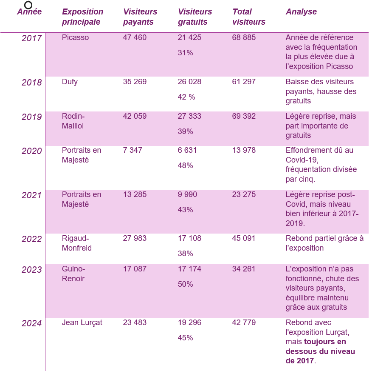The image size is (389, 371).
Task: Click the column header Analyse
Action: point(301,12)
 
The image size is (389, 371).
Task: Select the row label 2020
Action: point(32,151)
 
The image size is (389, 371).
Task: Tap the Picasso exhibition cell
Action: point(75,37)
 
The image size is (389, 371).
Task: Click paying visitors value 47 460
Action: point(135,37)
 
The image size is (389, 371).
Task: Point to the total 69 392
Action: point(244,116)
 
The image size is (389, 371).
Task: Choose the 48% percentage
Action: point(185,166)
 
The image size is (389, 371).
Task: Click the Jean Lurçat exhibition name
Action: point(82,322)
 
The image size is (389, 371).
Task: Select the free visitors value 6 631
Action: point(187,150)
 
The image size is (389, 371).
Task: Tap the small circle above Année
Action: point(28,5)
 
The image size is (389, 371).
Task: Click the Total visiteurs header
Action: point(248,17)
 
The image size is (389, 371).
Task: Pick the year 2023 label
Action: point(32,270)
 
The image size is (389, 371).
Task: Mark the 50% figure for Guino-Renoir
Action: point(185,284)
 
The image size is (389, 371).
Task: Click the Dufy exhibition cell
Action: point(70,82)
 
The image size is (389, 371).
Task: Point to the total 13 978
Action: point(244,150)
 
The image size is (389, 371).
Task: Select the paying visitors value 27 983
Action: point(135,238)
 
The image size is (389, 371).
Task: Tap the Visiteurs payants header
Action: point(140,17)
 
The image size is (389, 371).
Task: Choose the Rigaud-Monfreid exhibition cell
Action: point(77,243)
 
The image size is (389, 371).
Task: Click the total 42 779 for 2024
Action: point(244,322)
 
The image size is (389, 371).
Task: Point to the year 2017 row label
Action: point(32,38)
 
